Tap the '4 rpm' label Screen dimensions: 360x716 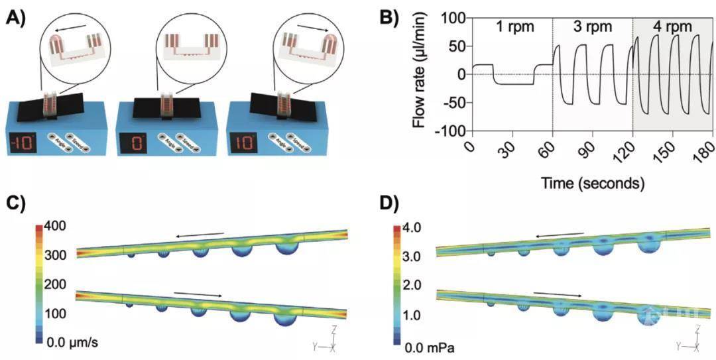coord(672,28)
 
